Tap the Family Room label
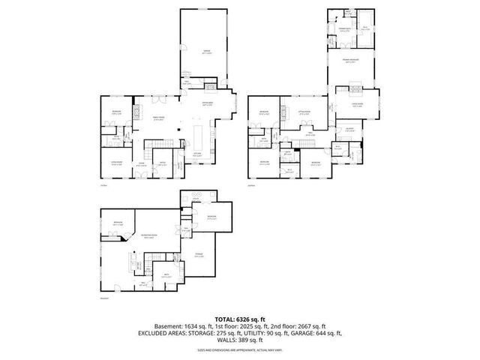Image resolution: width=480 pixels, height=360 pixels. point(159,118)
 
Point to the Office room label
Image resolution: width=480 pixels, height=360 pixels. point(161,163)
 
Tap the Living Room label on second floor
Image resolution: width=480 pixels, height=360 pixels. point(357,106)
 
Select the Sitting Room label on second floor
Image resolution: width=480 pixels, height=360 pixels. point(304,112)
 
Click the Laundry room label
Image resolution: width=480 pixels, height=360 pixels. point(349,130)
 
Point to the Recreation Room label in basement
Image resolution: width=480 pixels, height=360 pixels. point(150,236)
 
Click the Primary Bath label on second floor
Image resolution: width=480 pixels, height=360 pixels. point(344,28)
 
